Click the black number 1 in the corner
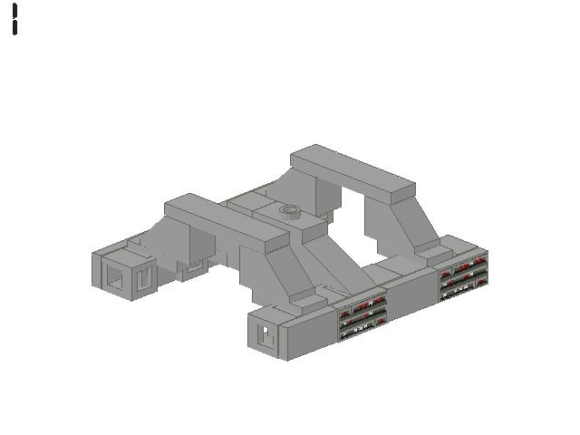pos(15,19)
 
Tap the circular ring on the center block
pos(290,212)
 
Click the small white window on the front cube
pos(266,334)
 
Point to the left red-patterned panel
pos(362,314)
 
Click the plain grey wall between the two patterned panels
pos(413,295)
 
